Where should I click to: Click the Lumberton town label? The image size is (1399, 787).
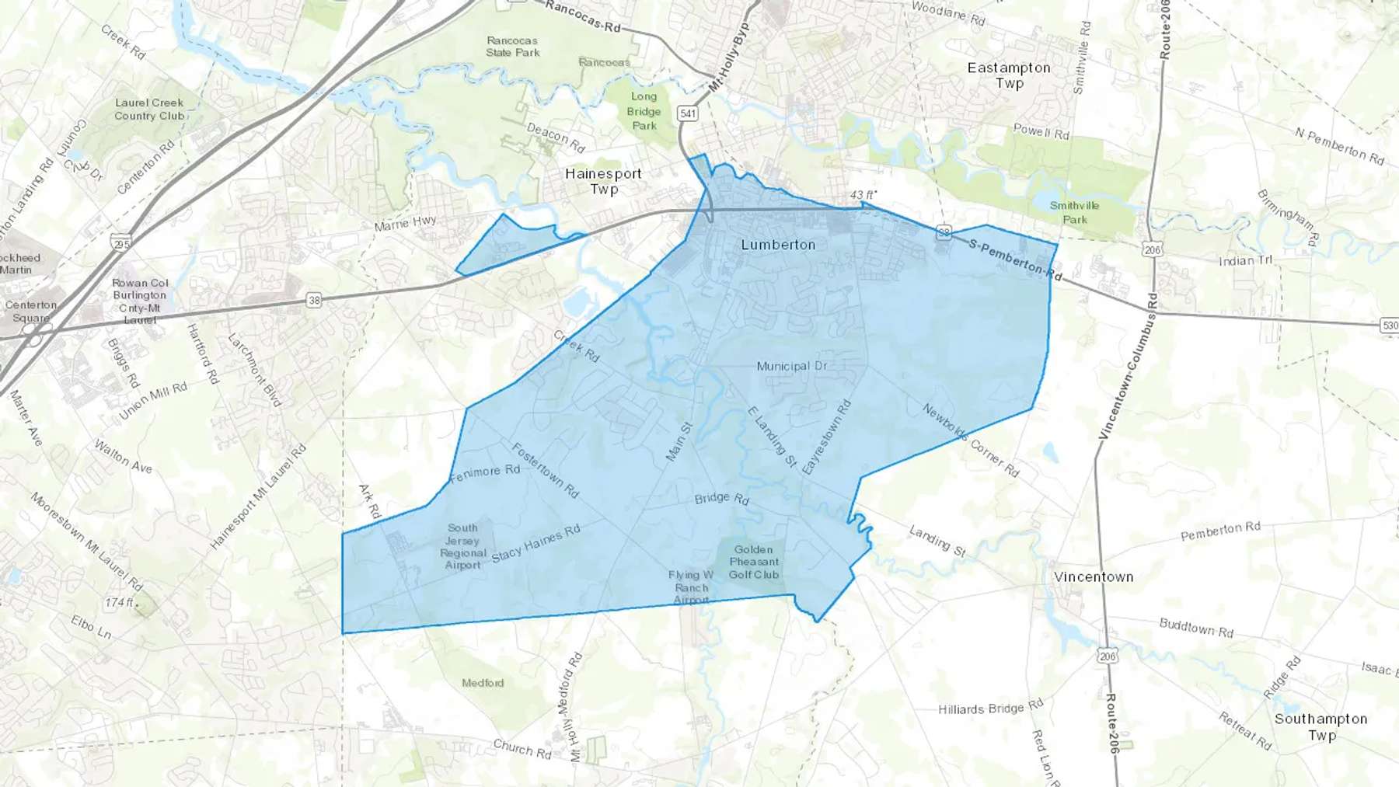click(x=778, y=245)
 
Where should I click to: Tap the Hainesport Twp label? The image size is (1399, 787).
click(x=603, y=181)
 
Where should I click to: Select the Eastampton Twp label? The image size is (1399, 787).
click(x=1009, y=75)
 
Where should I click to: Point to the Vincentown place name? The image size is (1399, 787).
click(x=1094, y=577)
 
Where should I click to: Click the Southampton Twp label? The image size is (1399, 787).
click(x=1321, y=726)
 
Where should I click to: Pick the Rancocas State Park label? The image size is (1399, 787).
click(x=512, y=47)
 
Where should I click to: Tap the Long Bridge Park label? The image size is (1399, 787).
click(x=644, y=111)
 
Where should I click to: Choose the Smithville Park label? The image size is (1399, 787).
click(x=1074, y=212)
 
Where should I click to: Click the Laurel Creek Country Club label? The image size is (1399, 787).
click(x=149, y=109)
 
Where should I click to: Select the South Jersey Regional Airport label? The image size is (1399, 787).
click(x=462, y=546)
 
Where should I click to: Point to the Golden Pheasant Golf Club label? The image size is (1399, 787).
click(x=753, y=562)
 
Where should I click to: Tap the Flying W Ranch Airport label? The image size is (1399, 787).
click(x=691, y=587)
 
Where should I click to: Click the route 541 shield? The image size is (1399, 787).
click(x=688, y=113)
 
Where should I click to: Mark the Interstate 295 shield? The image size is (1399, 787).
click(x=120, y=243)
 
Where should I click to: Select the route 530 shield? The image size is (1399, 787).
click(x=1390, y=326)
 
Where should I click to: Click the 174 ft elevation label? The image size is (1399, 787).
click(x=120, y=603)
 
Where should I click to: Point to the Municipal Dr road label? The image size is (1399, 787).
click(x=792, y=366)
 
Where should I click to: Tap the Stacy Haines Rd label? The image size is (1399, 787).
click(x=536, y=543)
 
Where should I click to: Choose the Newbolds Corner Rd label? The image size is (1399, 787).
click(x=971, y=440)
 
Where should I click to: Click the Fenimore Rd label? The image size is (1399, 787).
click(x=484, y=472)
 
